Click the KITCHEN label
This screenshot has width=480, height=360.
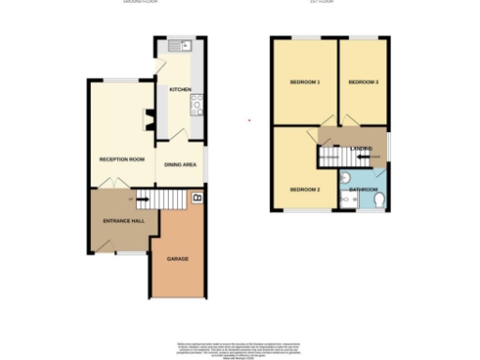pyautogui.click(x=180, y=89)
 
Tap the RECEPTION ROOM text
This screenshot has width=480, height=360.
pyautogui.click(x=122, y=159)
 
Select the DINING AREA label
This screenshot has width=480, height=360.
pyautogui.click(x=180, y=165)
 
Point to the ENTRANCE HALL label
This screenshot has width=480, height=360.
pyautogui.click(x=123, y=220)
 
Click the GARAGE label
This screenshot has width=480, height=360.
pyautogui.click(x=178, y=257)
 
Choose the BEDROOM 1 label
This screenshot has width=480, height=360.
pyautogui.click(x=305, y=82)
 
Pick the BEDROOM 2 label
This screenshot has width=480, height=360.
pyautogui.click(x=305, y=189)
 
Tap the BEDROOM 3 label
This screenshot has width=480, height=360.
pyautogui.click(x=363, y=82)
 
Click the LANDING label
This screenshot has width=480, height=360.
pyautogui.click(x=362, y=148)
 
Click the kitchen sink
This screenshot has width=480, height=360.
pyautogui.click(x=178, y=45)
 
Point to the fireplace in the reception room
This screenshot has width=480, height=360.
pyautogui.click(x=147, y=119)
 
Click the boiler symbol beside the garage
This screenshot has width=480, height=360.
pyautogui.click(x=197, y=198)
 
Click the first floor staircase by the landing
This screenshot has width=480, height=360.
pyautogui.click(x=330, y=157)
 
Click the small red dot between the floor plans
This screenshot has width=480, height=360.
pyautogui.click(x=248, y=120)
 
